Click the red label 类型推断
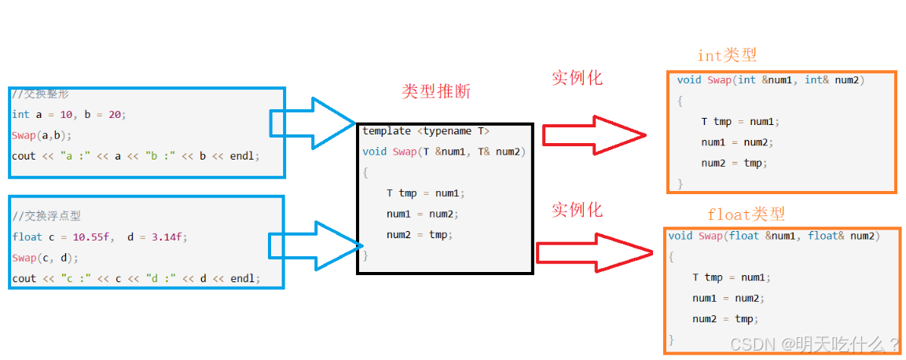click(x=436, y=91)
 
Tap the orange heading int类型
click(x=727, y=55)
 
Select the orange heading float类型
click(x=746, y=214)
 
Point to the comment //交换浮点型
click(x=46, y=216)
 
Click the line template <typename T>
click(x=425, y=131)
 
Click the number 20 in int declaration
click(x=115, y=114)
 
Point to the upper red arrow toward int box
click(x=594, y=135)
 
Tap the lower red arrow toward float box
click(x=594, y=252)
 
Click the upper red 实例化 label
click(x=577, y=78)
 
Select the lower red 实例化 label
click(x=577, y=210)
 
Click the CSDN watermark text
click(x=814, y=343)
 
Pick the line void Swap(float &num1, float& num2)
click(x=773, y=236)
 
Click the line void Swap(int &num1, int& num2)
click(x=770, y=80)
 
